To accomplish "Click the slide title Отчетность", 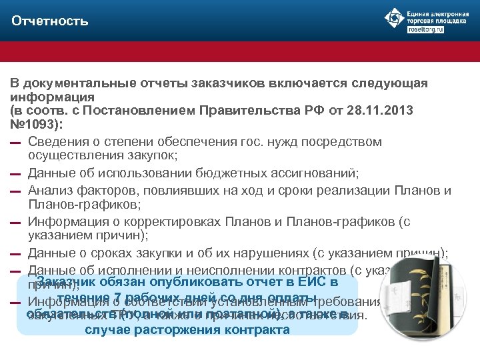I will [50, 21].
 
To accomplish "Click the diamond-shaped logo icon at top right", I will [393, 18].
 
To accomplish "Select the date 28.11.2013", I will [382, 110].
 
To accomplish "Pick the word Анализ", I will [52, 191].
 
